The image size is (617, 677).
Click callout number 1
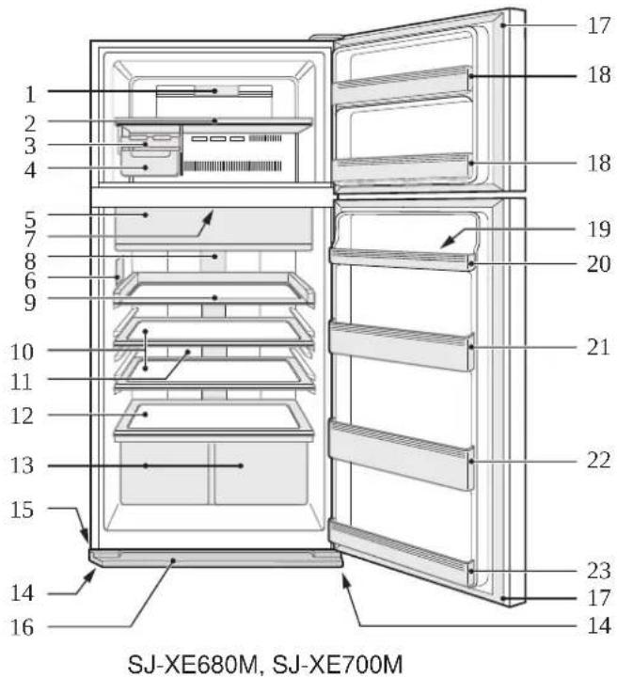coord(30,94)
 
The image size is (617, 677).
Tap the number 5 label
coord(30,219)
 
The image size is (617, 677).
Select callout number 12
coord(22,416)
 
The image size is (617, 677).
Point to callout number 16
coord(22,627)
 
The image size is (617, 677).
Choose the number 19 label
coord(599,228)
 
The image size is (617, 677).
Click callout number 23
coord(599,571)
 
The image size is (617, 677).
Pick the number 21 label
coord(599,347)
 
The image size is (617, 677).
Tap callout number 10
coord(22,352)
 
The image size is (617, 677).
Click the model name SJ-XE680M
coord(195,664)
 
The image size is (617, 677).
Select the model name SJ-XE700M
coord(338,664)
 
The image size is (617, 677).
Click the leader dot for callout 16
coord(173,560)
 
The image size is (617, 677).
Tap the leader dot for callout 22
coord(471,461)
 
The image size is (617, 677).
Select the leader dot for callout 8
coord(214,257)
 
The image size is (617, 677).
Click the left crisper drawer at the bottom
coord(164,473)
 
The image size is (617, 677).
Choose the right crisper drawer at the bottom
coord(261,473)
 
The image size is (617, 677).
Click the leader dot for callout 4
coord(146,167)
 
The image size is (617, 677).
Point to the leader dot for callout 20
coord(471,263)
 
